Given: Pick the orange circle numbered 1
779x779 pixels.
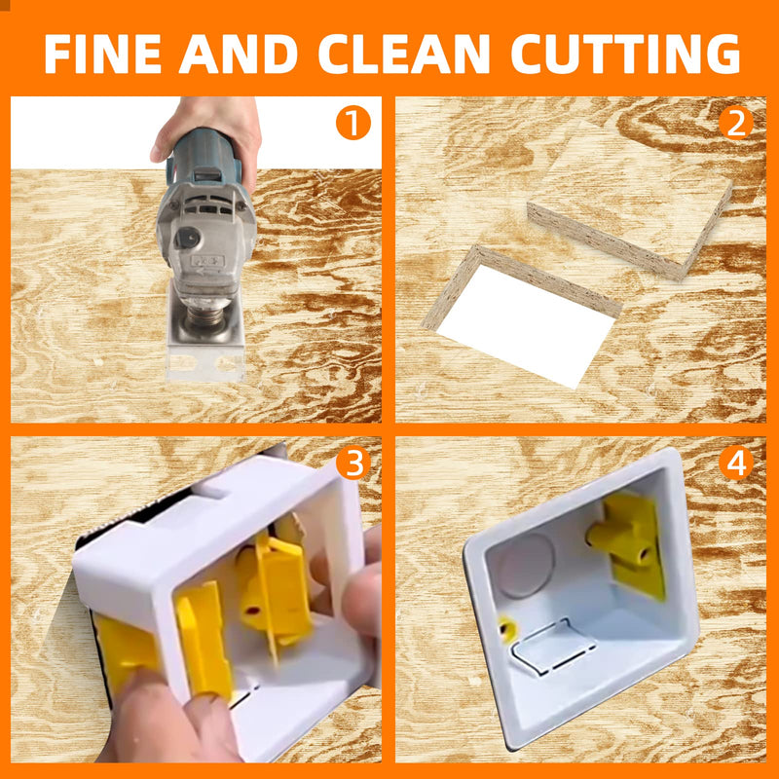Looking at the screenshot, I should click(x=353, y=124).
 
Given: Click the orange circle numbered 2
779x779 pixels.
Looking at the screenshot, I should click(x=737, y=124).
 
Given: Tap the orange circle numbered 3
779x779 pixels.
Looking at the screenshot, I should click(x=353, y=464).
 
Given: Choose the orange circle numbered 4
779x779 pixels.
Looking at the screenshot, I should click(x=737, y=464).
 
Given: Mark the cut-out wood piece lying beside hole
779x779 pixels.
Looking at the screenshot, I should click(x=628, y=209).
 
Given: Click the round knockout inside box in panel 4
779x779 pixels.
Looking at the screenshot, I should click(x=526, y=562).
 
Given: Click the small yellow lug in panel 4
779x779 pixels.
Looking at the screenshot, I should click(x=506, y=628).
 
